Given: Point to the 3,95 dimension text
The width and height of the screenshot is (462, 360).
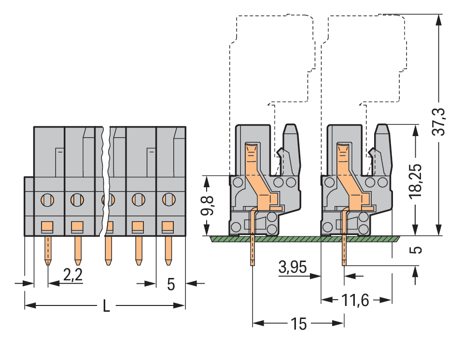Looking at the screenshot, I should pyautogui.click(x=293, y=267).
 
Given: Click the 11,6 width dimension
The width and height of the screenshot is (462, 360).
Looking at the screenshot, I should pyautogui.click(x=355, y=301).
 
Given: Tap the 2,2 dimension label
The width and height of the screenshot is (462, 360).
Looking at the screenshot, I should pyautogui.click(x=73, y=275).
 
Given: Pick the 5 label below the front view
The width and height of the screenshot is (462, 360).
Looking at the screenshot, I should pyautogui.click(x=170, y=284).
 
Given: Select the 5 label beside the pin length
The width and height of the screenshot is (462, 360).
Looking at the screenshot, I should pyautogui.click(x=416, y=250).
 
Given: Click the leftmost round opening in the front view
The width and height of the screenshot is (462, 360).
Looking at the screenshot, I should pyautogui.click(x=47, y=199).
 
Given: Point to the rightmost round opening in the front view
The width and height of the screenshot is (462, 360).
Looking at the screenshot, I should pyautogui.click(x=168, y=199).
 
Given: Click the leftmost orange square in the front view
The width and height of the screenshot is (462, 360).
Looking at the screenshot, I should pyautogui.click(x=47, y=225).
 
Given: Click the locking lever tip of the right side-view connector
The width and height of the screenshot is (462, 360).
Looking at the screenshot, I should pyautogui.click(x=382, y=129).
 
